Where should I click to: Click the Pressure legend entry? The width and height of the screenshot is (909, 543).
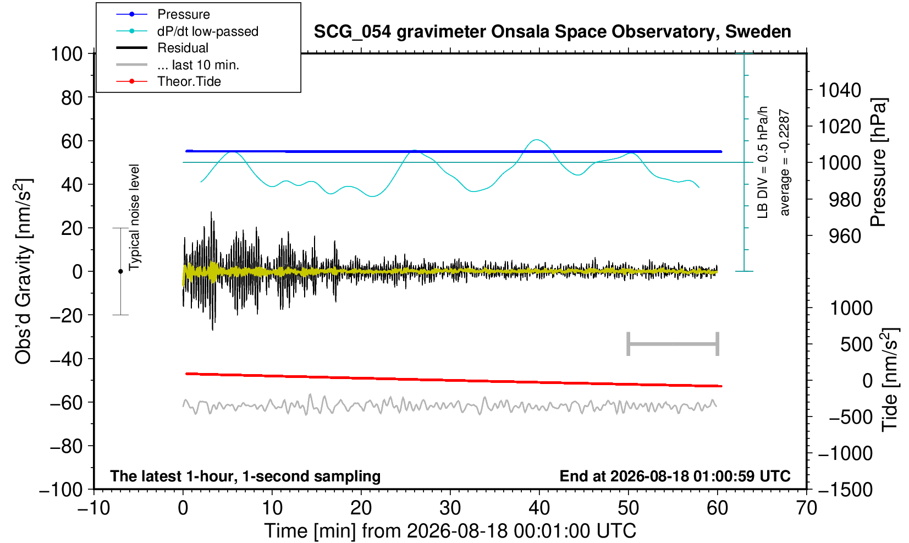[x=163, y=14]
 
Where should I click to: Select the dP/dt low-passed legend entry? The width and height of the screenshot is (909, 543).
[x=187, y=31]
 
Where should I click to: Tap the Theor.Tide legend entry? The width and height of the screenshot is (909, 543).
[x=168, y=81]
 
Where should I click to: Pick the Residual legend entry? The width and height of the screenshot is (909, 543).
[x=162, y=48]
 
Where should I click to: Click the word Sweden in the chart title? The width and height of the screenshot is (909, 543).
[x=758, y=32]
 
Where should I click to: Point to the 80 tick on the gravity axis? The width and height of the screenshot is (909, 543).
[x=72, y=97]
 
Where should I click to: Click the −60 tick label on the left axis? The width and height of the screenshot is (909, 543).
[x=66, y=403]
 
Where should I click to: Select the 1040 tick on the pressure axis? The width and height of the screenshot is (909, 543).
[x=840, y=90]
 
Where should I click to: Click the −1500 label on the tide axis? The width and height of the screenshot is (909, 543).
[x=845, y=490]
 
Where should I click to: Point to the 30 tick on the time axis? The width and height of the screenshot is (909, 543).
[x=450, y=508]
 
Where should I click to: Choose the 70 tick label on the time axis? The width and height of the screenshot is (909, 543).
[x=806, y=508]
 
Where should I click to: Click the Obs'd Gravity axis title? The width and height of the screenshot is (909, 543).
[x=23, y=271]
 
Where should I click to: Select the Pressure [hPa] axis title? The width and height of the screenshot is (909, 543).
[x=878, y=162]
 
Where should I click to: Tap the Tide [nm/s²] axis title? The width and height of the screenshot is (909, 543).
[x=890, y=380]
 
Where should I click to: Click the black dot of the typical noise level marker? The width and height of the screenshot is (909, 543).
[x=120, y=271]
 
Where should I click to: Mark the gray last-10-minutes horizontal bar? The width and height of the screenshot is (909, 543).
[x=673, y=344]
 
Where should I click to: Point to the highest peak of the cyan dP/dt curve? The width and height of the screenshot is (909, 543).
[x=537, y=140]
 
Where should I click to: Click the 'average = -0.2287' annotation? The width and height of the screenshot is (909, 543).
[x=784, y=162]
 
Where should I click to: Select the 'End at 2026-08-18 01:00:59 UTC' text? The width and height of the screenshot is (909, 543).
[x=675, y=476]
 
